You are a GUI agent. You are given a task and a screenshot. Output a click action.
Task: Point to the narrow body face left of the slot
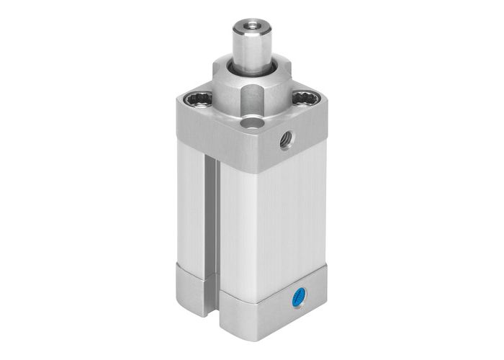[190, 209]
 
